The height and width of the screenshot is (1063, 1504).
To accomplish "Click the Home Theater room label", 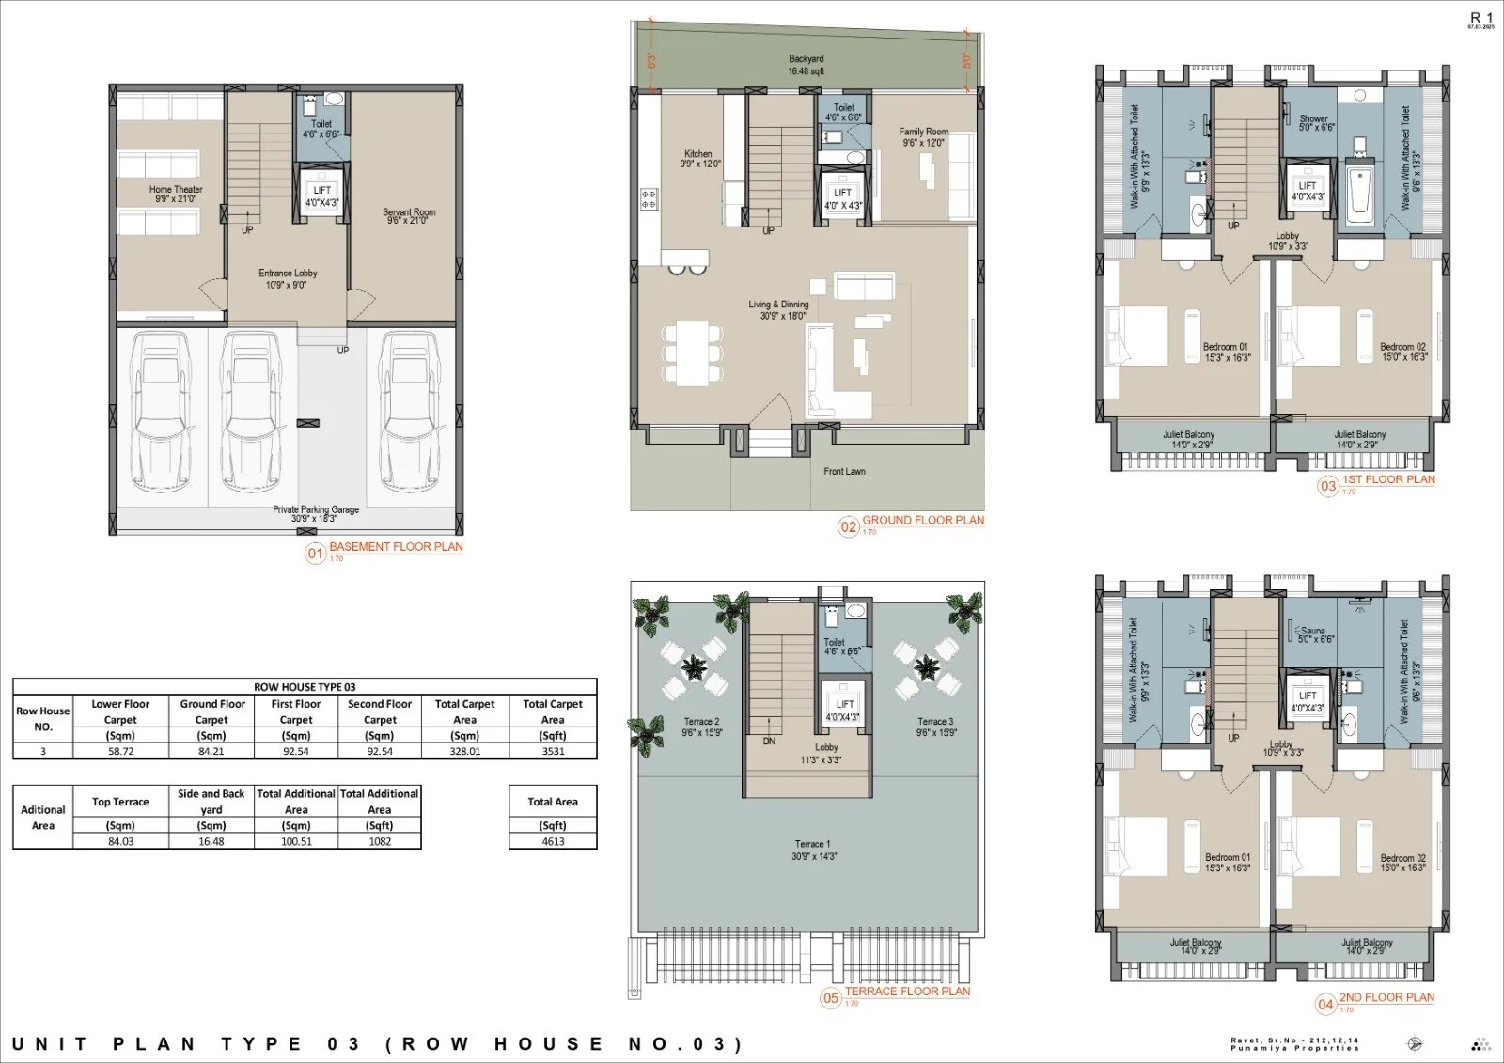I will pos(176,194).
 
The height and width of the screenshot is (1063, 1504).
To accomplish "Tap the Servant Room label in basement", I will pos(409,216).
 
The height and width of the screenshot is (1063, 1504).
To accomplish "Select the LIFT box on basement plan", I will pos(322,195).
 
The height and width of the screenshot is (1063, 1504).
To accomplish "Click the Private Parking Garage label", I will pos(316,513).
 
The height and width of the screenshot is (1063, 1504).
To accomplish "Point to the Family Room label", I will pos(923,137).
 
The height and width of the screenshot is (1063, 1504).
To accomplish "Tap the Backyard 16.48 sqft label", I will pos(807,65).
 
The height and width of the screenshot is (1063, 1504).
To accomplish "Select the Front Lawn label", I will pos(844,472).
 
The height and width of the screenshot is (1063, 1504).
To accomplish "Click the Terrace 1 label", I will pos(814,850).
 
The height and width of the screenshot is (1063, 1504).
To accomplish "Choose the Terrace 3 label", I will pos(935,727).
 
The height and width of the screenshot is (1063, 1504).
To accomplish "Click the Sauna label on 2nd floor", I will pos(1313,634).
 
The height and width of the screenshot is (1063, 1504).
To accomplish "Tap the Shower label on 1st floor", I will pos(1314,123).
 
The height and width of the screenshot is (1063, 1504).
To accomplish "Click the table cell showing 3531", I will pos(553,751).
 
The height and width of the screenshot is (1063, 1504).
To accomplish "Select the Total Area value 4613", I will pos(553,841).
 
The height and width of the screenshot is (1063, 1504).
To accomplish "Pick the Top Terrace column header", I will pos(120,802).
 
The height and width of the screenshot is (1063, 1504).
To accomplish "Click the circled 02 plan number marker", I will pos(848,527).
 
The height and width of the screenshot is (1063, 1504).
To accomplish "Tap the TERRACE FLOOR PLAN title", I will pos(907,992).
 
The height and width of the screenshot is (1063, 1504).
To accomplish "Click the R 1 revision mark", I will pos(1480,18).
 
